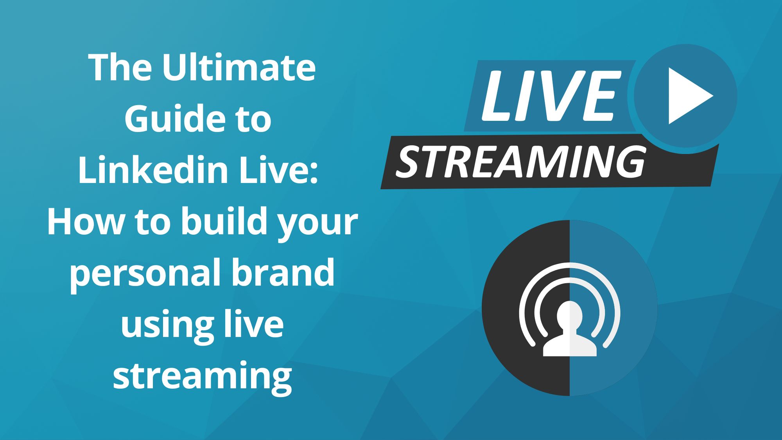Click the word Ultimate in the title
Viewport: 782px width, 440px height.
tap(239, 68)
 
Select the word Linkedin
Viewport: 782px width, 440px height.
tap(153, 170)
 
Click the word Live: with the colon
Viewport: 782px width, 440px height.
tap(278, 170)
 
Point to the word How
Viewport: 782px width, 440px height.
tap(86, 222)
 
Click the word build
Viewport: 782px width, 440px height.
tap(224, 221)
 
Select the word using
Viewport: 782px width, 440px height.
tap(167, 325)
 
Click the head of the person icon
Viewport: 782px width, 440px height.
tap(570, 315)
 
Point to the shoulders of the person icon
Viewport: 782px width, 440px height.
tap(570, 346)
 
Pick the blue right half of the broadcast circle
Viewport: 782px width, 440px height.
tap(626, 274)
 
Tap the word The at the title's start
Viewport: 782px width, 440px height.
tap(120, 68)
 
